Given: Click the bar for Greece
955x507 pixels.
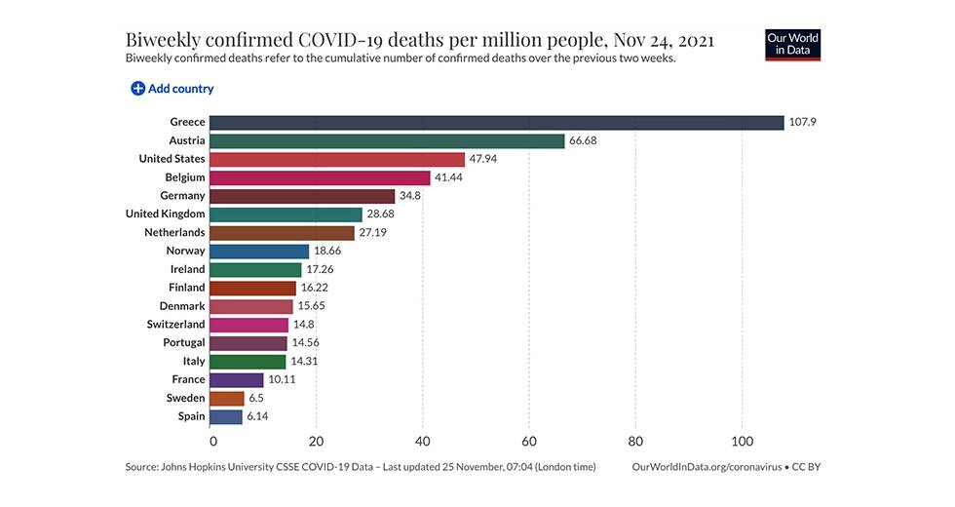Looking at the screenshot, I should (497, 123).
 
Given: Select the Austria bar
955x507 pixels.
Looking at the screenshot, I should (388, 140).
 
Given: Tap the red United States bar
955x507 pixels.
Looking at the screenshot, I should (337, 159).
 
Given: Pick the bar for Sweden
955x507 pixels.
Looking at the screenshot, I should (227, 398).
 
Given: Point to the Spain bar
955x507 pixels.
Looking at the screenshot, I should (226, 416).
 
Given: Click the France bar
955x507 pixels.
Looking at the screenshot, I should (237, 379).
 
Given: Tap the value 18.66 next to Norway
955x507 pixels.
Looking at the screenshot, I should (329, 251).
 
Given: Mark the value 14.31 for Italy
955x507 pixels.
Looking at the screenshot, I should (306, 361).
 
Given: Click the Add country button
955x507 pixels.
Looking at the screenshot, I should (172, 89).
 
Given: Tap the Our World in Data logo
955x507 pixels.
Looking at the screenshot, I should (793, 45).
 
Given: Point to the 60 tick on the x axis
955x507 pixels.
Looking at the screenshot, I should (529, 440).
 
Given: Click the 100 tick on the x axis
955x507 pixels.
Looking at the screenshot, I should (742, 440).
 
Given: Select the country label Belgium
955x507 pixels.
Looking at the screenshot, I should (185, 177).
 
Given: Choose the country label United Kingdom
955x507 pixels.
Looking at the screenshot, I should (166, 214).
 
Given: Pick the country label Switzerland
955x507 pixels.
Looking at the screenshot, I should (176, 324).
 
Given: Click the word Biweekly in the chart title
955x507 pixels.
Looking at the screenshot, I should (162, 40).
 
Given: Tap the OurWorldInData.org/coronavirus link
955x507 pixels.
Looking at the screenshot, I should (707, 467).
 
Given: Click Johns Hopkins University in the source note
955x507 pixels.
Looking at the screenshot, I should (225, 467).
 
